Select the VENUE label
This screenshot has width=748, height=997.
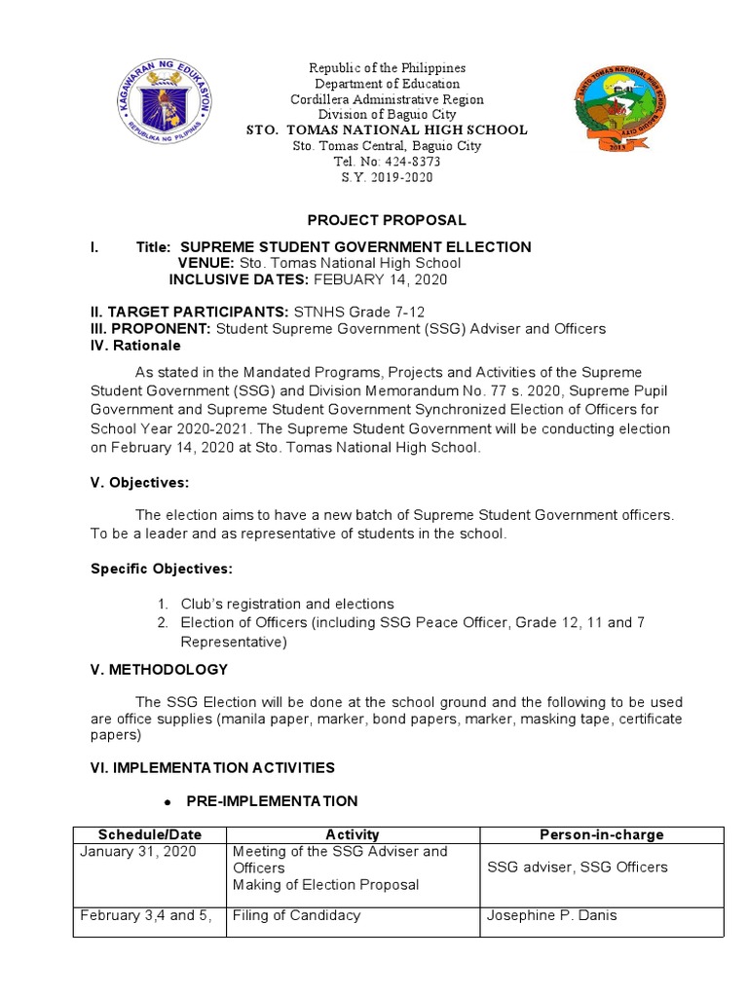[x=206, y=263]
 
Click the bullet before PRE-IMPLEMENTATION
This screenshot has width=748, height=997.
[x=168, y=801]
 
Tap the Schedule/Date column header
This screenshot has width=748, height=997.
[x=149, y=834]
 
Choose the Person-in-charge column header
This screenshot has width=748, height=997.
[x=602, y=834]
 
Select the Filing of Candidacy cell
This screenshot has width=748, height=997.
[x=297, y=915]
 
